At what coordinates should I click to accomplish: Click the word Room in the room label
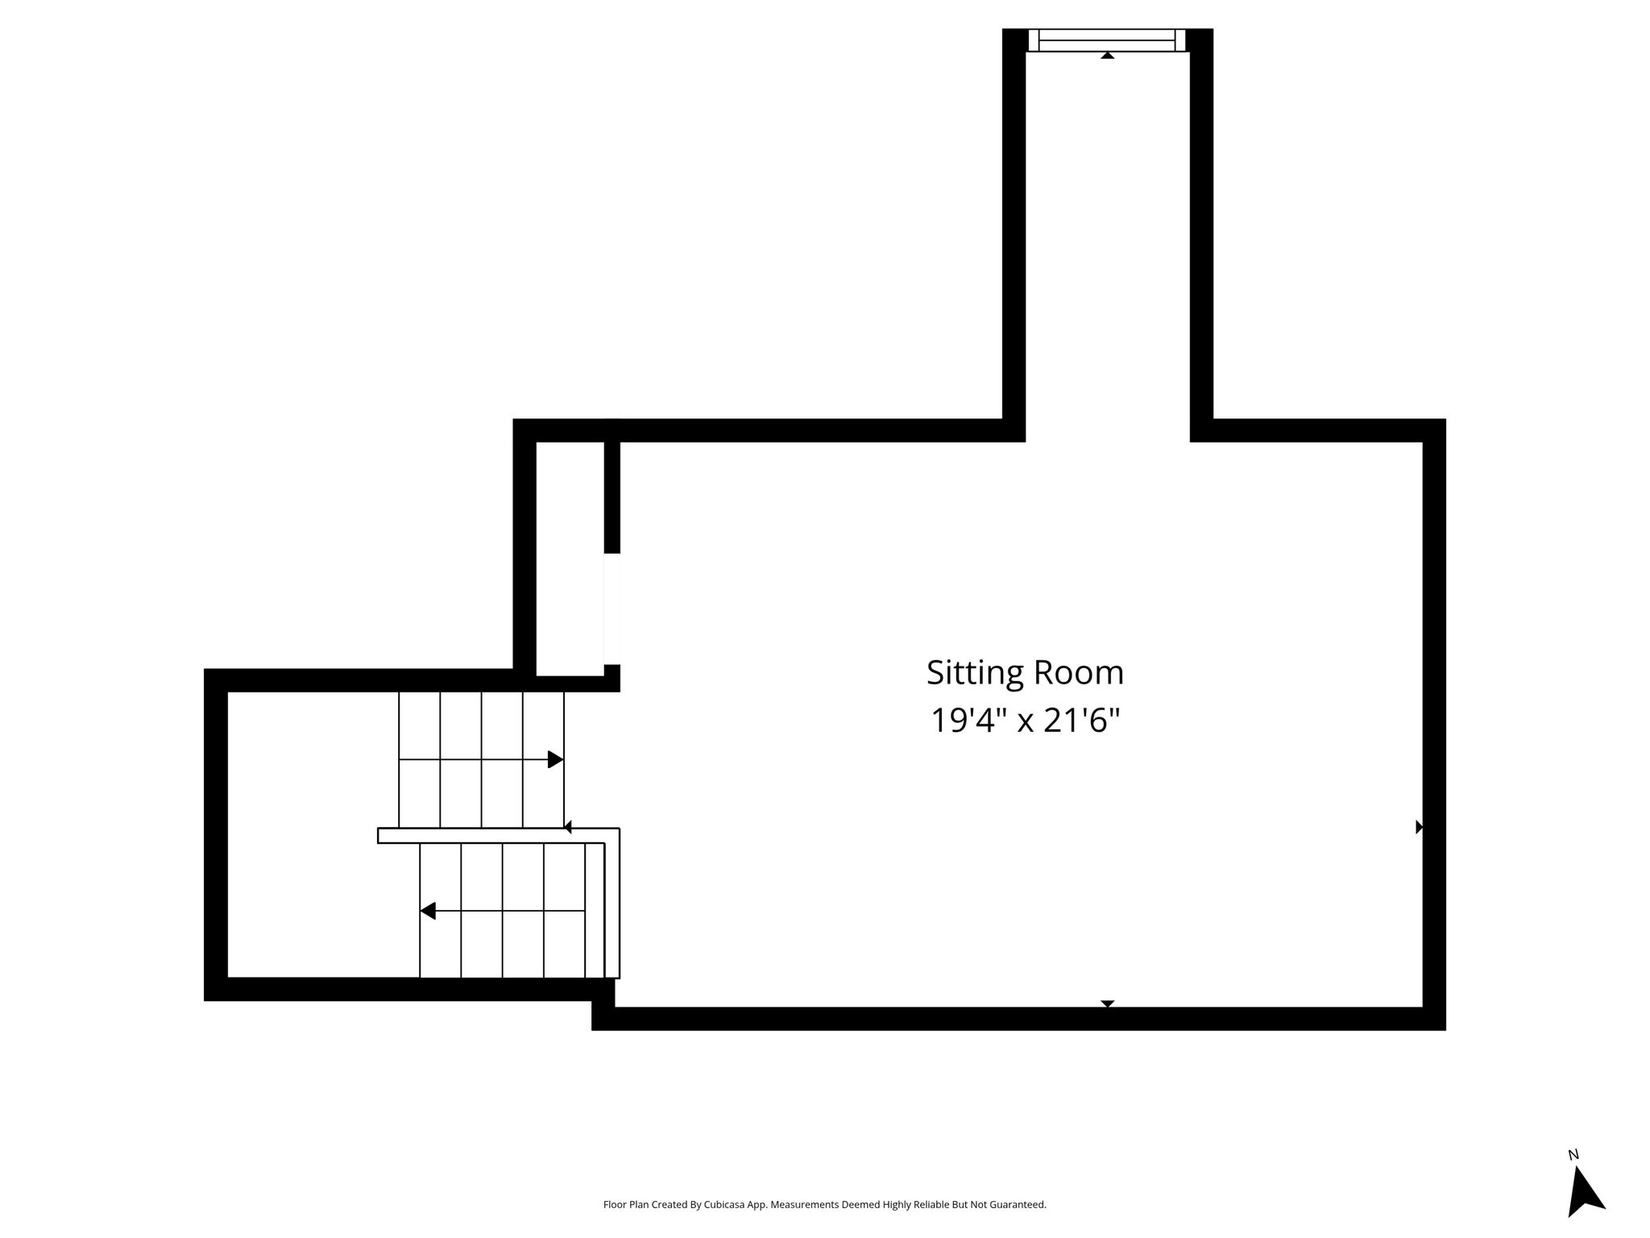[1078, 673]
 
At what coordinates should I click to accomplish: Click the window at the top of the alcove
[1107, 40]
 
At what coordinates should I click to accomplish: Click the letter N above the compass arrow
[1573, 1155]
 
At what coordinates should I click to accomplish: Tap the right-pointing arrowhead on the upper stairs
[555, 759]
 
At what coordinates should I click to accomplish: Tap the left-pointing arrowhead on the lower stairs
[428, 911]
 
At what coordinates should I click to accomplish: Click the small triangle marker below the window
[1108, 56]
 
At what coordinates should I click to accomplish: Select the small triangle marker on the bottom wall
[1108, 1003]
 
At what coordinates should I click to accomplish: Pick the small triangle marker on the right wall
[1420, 827]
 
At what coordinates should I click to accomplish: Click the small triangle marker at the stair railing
[567, 827]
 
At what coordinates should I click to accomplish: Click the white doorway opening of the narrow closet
[611, 609]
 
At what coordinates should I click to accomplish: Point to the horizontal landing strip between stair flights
[498, 836]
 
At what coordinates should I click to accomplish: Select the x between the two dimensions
[1025, 723]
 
